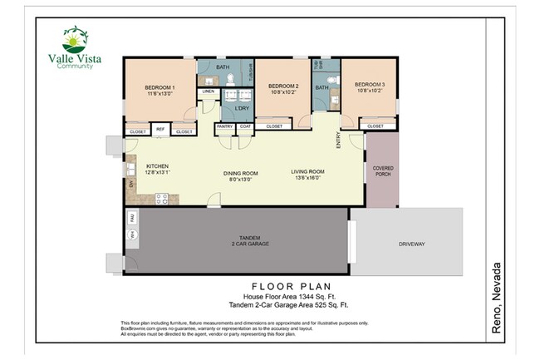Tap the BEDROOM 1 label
click(160, 91)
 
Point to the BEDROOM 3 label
click(370, 87)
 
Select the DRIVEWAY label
click(411, 244)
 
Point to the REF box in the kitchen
click(160, 131)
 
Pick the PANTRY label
click(224, 126)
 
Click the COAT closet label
click(245, 126)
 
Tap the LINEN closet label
click(208, 91)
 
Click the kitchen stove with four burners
click(161, 198)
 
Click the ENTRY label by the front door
click(338, 142)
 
